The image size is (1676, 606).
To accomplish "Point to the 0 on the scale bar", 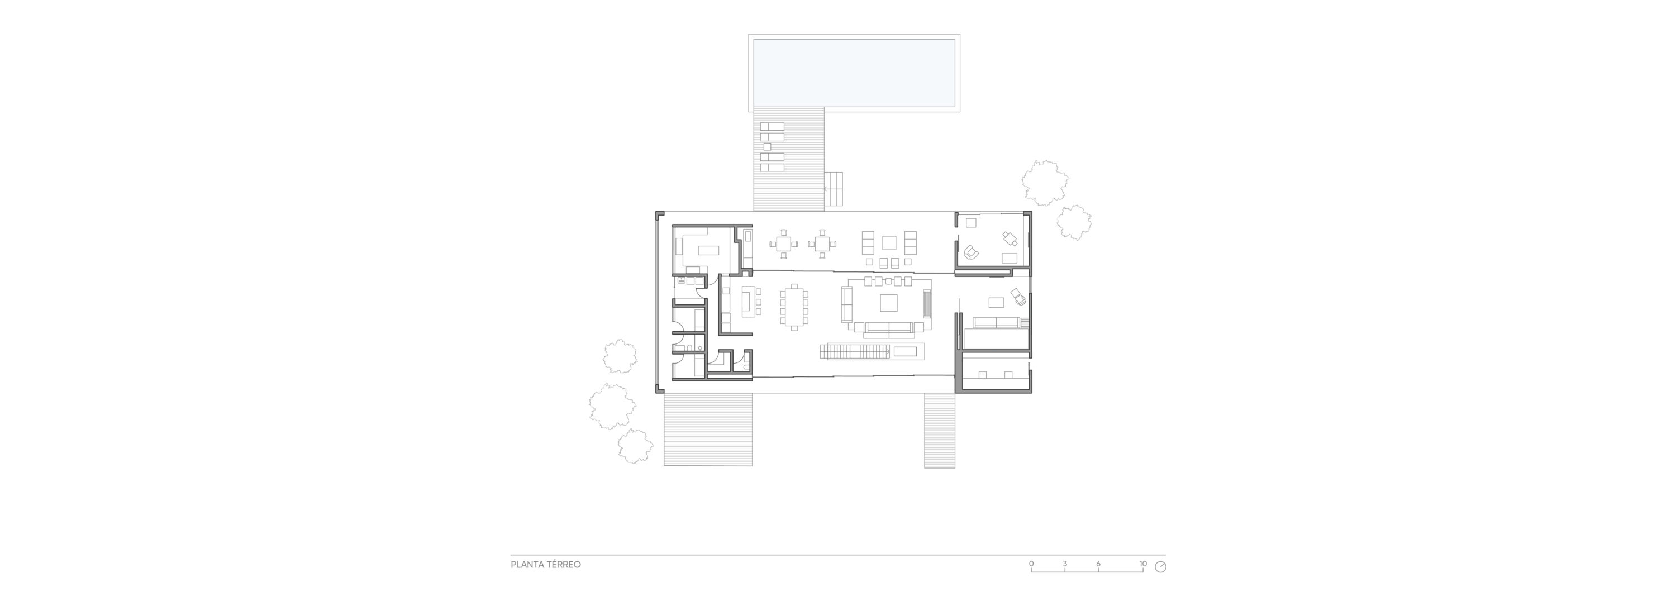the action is [1031, 563].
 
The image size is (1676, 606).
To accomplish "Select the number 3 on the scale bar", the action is [1065, 563].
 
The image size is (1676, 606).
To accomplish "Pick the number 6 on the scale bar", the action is [1098, 563].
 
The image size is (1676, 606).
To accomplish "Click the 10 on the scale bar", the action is [1143, 563].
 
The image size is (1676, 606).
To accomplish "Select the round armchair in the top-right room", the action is [972, 252].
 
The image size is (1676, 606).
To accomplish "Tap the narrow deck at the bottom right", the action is [940, 431].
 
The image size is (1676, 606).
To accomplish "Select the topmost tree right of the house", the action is [1045, 183].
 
